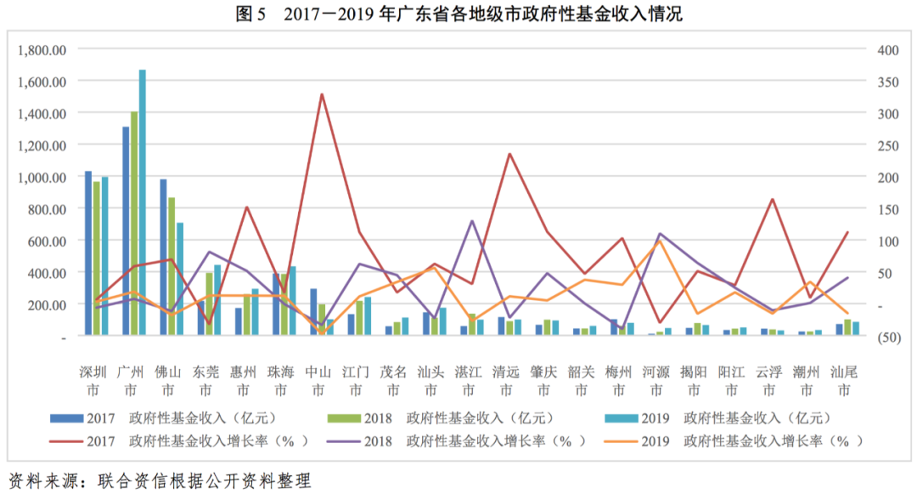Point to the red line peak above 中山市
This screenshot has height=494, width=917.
point(322,94)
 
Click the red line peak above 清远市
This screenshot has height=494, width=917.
point(509,154)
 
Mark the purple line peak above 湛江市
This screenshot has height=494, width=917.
point(471,221)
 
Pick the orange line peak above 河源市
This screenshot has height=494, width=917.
point(659,240)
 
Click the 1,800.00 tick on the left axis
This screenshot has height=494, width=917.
point(42,49)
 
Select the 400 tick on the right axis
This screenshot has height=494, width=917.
point(887,49)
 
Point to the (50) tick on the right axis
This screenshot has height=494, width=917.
point(888,337)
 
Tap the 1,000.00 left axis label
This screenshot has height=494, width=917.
point(42,177)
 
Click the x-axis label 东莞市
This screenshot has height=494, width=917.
point(205,380)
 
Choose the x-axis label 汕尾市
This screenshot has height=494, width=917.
point(843,380)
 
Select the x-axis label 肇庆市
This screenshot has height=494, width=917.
point(544,380)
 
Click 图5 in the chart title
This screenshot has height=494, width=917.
point(252,14)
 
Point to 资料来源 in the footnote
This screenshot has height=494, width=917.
point(42,480)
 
